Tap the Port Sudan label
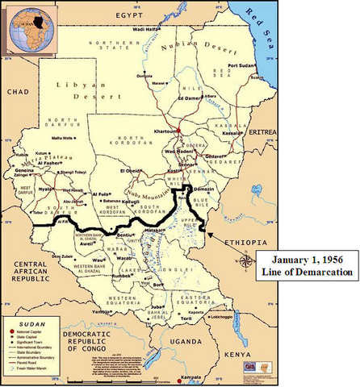pos(241,65)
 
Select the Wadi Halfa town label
pos(146,28)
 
